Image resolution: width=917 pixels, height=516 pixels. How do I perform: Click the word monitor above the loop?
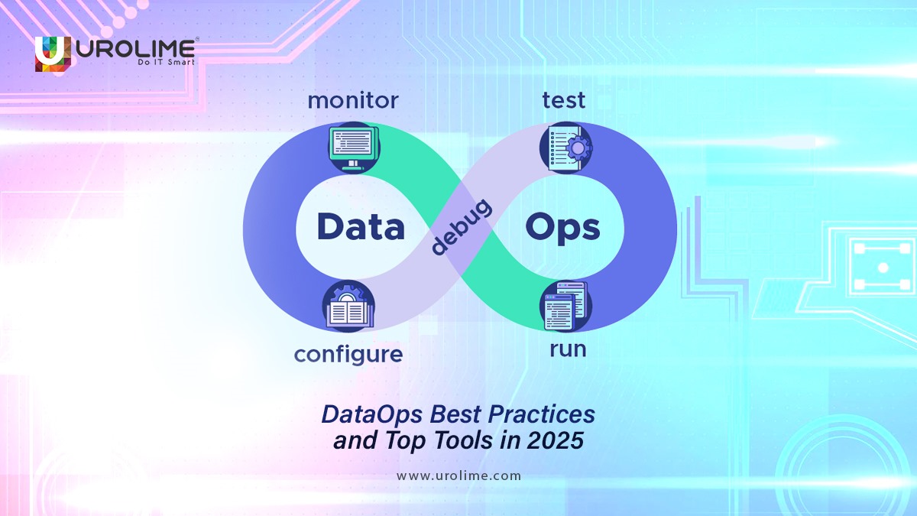352,101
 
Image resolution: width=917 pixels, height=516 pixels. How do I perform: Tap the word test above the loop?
564,100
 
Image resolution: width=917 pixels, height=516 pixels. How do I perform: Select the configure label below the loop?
348,354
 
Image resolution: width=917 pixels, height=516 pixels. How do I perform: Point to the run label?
568,349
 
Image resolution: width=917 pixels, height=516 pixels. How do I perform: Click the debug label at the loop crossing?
460,227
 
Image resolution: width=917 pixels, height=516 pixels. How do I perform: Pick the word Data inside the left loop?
361,227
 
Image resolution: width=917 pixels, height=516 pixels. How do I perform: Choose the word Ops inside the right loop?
562,227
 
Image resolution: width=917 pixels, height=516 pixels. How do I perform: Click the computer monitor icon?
351,148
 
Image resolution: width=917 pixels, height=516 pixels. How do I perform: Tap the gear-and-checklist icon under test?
565,148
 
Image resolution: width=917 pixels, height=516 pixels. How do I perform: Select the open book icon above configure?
348,307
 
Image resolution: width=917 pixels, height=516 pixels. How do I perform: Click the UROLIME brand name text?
135,47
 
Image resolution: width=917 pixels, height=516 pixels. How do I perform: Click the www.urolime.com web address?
458,475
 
